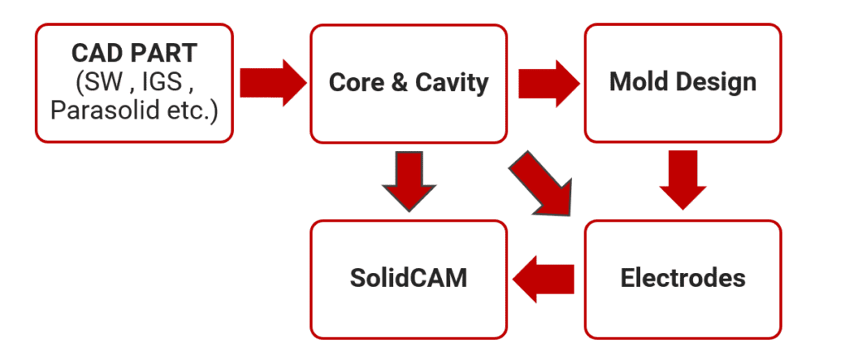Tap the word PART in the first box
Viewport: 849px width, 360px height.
tap(163, 54)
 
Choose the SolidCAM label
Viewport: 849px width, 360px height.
tap(408, 278)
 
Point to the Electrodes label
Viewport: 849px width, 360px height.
tap(682, 278)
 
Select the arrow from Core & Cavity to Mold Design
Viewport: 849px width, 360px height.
tap(548, 82)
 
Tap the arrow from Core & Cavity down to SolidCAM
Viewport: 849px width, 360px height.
tap(408, 181)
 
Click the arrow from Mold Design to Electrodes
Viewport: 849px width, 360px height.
tap(682, 179)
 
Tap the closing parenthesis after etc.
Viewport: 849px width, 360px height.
tap(212, 109)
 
